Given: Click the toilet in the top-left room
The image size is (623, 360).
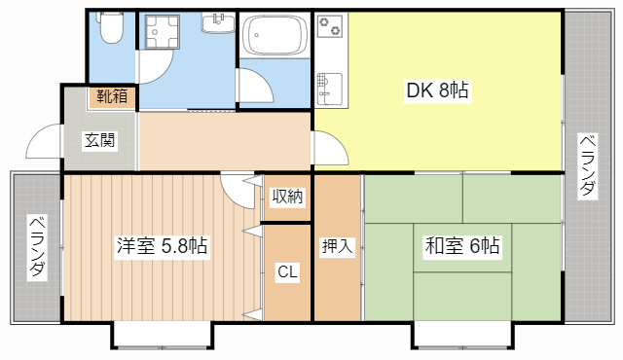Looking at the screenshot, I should coord(110,28).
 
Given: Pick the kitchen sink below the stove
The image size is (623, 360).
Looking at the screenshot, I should coord(328,89).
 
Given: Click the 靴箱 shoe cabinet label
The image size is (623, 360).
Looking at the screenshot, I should coord(110,96).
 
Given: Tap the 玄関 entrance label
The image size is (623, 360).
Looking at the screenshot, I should coord(98,140).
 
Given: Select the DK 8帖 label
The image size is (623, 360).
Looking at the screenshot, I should coord(437,91).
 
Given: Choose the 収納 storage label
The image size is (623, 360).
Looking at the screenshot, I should coord(287,197).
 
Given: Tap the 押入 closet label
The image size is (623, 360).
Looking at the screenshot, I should coord(337,247).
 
